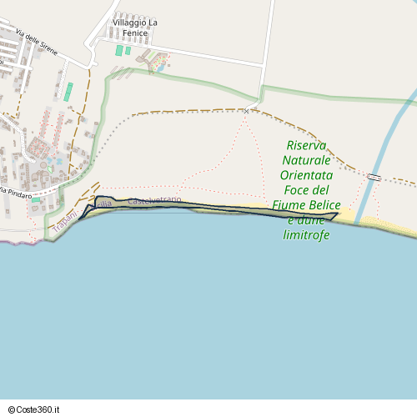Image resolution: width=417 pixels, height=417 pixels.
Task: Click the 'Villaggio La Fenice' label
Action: pyautogui.click(x=135, y=28)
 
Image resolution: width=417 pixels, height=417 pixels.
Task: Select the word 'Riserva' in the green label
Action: pyautogui.click(x=307, y=145)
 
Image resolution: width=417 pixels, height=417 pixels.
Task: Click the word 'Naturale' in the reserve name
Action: pyautogui.click(x=307, y=160)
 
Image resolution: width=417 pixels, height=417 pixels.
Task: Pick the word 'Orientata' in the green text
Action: pyautogui.click(x=307, y=175)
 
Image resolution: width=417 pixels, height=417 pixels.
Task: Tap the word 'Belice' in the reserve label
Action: pyautogui.click(x=323, y=205)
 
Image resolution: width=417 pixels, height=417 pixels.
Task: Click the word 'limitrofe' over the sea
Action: pyautogui.click(x=307, y=235)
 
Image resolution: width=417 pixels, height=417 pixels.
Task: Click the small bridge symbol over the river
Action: pyautogui.click(x=374, y=177)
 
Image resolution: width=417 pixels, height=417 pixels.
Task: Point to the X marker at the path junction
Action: pyautogui.click(x=247, y=111)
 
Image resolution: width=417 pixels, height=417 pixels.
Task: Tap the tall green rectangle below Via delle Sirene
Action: pyautogui.click(x=68, y=91)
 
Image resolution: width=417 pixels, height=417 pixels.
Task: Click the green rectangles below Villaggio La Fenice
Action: pyautogui.click(x=123, y=51)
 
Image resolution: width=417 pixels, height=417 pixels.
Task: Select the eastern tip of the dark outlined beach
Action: pyautogui.click(x=336, y=215)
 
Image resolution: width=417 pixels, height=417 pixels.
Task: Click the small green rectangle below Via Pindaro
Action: pyautogui.click(x=36, y=200)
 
